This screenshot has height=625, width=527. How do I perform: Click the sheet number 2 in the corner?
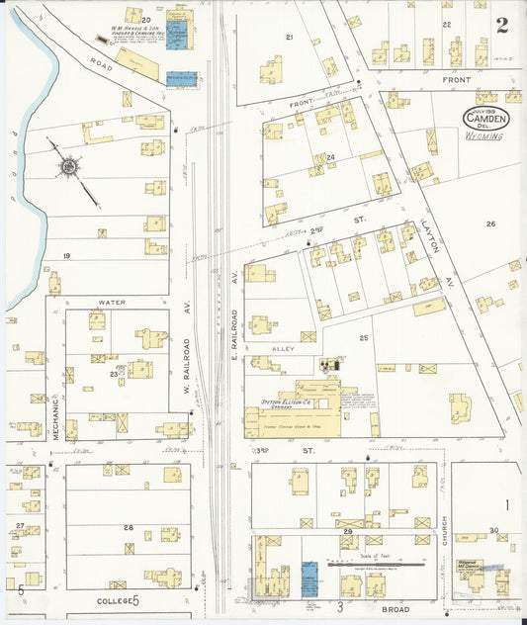[502, 26]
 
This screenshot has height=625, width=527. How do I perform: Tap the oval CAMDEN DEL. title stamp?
[485, 119]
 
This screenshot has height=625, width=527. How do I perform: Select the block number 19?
[66, 256]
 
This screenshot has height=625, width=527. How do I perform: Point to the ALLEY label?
[282, 350]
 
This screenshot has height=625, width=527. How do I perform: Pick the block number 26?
[489, 224]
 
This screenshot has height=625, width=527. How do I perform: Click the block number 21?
[289, 38]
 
